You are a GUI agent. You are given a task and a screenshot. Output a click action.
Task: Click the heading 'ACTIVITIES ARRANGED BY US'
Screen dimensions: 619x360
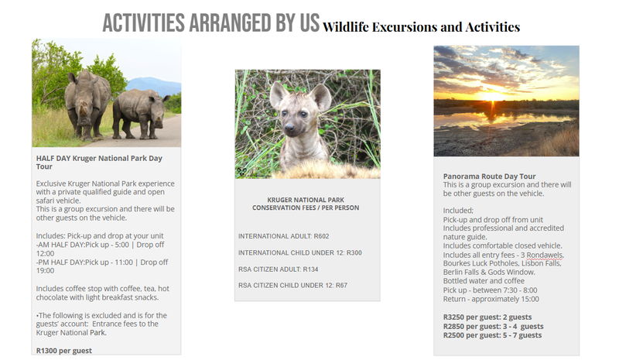(x=210, y=23)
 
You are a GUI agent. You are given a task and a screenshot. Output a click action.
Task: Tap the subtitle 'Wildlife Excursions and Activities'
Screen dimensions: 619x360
(x=421, y=27)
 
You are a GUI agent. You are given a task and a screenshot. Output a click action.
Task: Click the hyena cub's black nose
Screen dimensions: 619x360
(x=289, y=127)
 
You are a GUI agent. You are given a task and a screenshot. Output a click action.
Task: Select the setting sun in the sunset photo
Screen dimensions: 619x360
(x=491, y=97)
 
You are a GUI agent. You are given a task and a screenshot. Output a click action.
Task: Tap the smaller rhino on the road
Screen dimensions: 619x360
(x=141, y=113)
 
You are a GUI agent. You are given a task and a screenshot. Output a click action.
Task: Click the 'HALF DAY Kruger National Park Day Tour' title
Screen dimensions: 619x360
(x=99, y=162)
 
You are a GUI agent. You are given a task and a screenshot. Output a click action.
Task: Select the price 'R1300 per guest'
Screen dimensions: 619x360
(x=64, y=351)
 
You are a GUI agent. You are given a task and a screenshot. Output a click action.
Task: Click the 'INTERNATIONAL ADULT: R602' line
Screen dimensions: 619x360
(x=283, y=236)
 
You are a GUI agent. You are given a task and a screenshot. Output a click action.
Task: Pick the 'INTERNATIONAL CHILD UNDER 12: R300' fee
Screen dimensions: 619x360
(x=300, y=252)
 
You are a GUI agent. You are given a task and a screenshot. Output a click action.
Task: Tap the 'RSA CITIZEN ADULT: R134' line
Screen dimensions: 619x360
(x=278, y=269)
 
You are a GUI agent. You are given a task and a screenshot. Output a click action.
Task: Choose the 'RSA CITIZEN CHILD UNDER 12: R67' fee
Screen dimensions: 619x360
(x=292, y=286)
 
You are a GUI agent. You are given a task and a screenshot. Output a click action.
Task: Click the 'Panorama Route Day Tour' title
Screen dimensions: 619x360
(x=489, y=177)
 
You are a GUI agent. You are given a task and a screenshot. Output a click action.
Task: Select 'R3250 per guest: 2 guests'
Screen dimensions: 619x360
(x=487, y=317)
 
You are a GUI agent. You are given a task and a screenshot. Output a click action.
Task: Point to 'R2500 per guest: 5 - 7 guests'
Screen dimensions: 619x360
(x=492, y=335)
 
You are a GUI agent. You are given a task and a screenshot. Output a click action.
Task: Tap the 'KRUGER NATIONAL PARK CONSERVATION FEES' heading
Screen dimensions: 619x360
(x=306, y=204)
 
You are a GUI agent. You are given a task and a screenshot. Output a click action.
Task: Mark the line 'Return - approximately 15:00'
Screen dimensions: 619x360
(x=491, y=299)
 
